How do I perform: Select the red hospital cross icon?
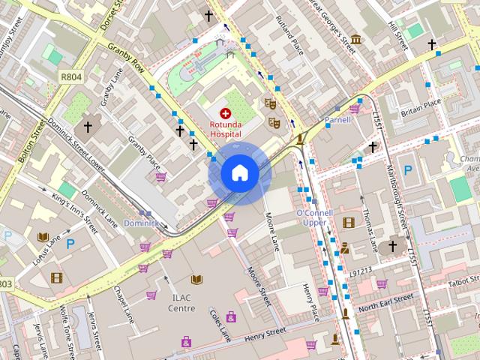[226, 112]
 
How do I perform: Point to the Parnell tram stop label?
[337, 120]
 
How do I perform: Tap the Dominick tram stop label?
[141, 223]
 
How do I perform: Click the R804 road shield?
[71, 76]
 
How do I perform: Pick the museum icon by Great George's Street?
[356, 39]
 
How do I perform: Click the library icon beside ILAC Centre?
[196, 280]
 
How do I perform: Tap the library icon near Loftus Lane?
[43, 237]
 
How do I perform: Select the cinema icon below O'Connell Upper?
[348, 222]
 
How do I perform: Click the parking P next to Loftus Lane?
[70, 243]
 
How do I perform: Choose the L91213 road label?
[360, 270]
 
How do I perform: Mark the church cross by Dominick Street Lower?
[88, 127]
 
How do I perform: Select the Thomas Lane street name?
[369, 229]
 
